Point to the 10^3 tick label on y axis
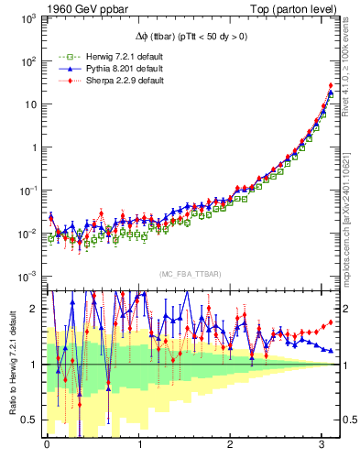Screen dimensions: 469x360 pyautogui.click(x=28, y=17)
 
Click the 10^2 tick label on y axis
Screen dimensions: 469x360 pyautogui.click(x=28, y=60)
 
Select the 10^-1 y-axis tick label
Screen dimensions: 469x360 pyautogui.click(x=28, y=190)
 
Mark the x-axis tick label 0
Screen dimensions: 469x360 pyautogui.click(x=48, y=447)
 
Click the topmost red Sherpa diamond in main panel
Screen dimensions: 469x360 pyautogui.click(x=330, y=86)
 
